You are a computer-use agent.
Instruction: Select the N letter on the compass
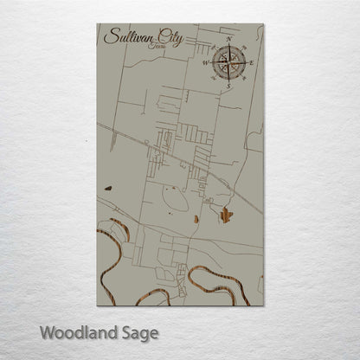(228, 40)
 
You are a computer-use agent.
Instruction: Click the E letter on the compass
(252, 62)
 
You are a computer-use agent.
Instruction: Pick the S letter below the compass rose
(228, 85)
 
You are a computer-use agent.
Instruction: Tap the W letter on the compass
(205, 62)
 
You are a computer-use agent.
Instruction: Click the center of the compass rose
(228, 62)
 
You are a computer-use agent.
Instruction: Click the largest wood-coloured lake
(226, 214)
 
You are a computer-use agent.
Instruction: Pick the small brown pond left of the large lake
(196, 219)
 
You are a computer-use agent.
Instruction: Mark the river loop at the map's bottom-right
(216, 279)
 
